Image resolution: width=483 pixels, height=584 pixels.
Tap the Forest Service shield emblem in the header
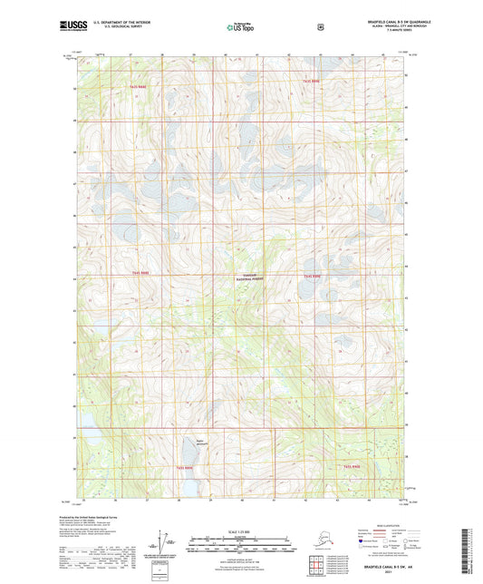(320, 27)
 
